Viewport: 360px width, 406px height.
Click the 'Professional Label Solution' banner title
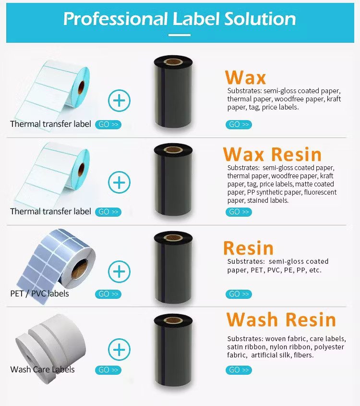coord(180,19)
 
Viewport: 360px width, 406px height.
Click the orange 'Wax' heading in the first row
coord(245,77)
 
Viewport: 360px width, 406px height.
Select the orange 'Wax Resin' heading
coord(272,154)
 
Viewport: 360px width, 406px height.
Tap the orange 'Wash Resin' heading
coord(281,320)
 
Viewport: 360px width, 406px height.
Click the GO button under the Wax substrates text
coord(239,124)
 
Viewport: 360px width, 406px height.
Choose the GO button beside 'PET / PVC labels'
coord(108,294)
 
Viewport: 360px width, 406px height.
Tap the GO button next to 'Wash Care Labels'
coord(108,370)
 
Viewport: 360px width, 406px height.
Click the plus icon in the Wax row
coord(119,101)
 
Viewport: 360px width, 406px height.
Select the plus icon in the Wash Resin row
coord(119,350)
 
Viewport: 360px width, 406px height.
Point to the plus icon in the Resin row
coord(119,271)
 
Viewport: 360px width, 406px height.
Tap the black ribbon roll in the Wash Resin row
coord(173,350)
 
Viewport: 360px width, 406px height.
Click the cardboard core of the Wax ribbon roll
coord(173,62)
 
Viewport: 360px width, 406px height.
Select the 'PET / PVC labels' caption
coord(39,294)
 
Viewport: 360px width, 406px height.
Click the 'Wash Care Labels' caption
coord(42,369)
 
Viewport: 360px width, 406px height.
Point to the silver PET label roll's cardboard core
coord(79,269)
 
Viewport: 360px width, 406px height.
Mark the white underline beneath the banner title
coord(180,35)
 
